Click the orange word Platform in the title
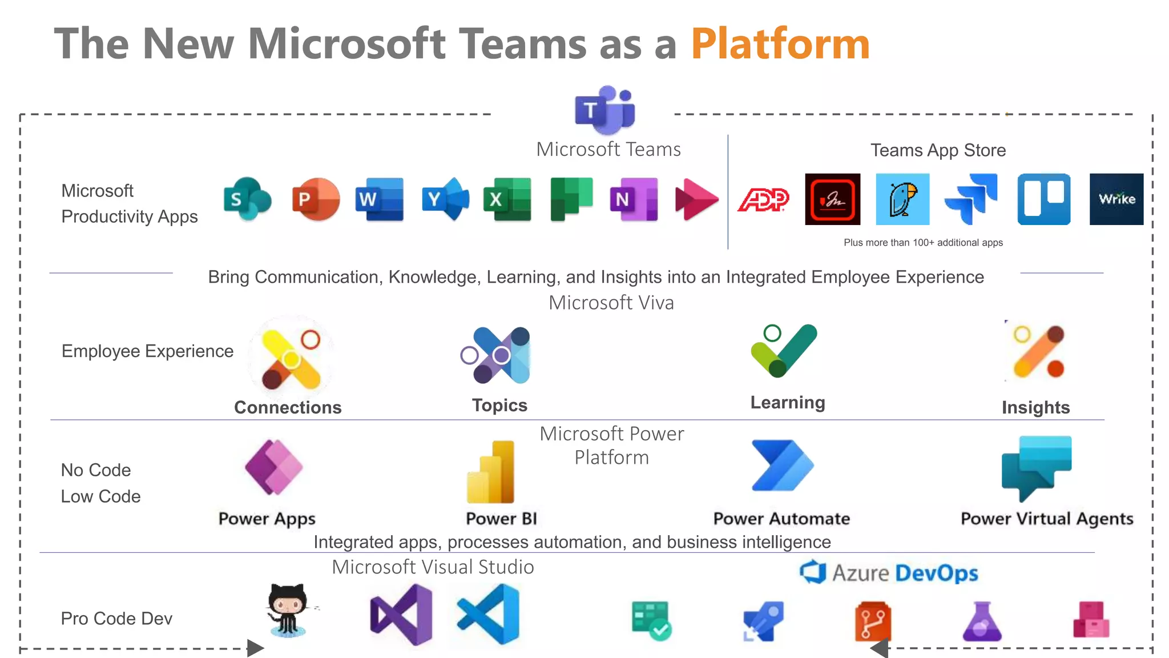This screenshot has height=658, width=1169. pyautogui.click(x=780, y=44)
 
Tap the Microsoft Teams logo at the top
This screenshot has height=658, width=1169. pyautogui.click(x=605, y=110)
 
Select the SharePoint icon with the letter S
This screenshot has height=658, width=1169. pyautogui.click(x=247, y=199)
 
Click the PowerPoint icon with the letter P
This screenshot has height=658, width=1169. pyautogui.click(x=315, y=199)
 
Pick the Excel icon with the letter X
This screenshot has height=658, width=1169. pyautogui.click(x=507, y=199)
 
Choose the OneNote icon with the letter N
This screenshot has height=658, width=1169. pyautogui.click(x=634, y=199)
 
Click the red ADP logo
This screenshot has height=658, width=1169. pyautogui.click(x=763, y=199)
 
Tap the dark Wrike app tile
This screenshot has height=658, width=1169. pyautogui.click(x=1116, y=199)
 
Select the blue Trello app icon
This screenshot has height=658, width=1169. pyautogui.click(x=1043, y=199)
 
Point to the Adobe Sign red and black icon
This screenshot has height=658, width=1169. pyautogui.click(x=832, y=199)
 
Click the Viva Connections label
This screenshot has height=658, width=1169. pyautogui.click(x=288, y=407)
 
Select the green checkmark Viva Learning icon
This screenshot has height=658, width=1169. pyautogui.click(x=785, y=350)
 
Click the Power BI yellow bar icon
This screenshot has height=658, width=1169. pyautogui.click(x=491, y=472)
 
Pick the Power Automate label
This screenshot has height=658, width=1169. pyautogui.click(x=781, y=519)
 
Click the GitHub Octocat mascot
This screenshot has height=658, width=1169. pyautogui.click(x=288, y=610)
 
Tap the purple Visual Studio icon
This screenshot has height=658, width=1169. pyautogui.click(x=401, y=615)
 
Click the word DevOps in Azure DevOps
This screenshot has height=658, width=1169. pyautogui.click(x=936, y=573)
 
